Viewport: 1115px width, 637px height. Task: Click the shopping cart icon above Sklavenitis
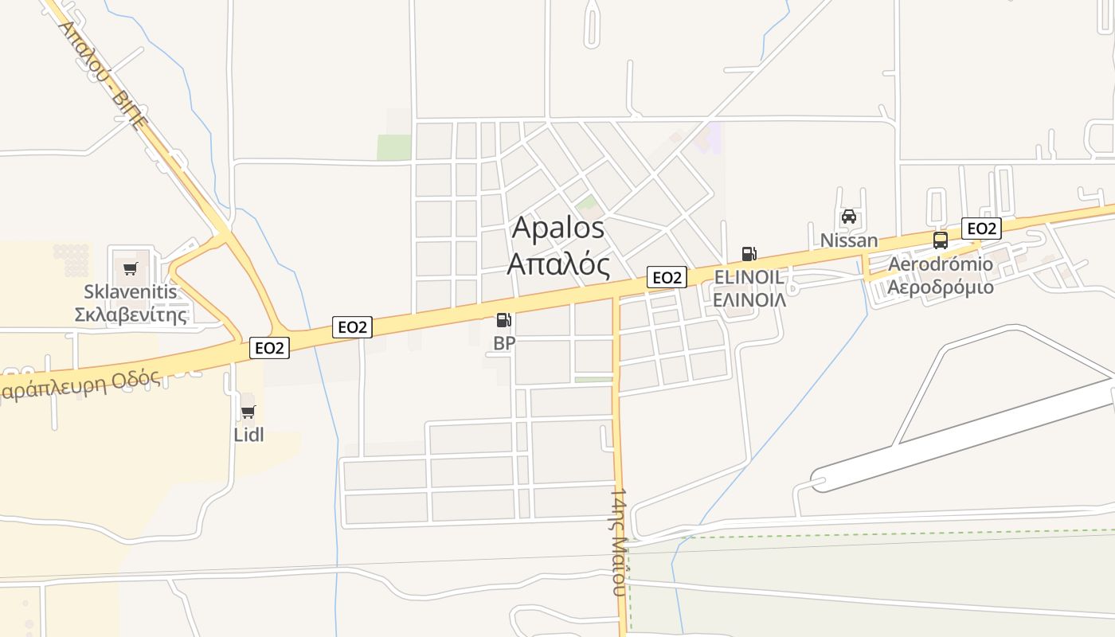click(131, 268)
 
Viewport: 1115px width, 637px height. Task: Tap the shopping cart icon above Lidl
click(248, 412)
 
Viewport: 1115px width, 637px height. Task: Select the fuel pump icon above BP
click(503, 320)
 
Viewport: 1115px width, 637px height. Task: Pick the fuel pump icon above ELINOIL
click(749, 254)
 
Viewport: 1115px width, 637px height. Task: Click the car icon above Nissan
click(849, 217)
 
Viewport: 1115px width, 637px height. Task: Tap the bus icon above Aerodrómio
click(941, 240)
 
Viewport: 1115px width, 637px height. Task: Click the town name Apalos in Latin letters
click(558, 228)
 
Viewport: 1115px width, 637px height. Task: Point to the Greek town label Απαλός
click(558, 264)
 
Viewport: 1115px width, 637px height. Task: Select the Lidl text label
click(248, 435)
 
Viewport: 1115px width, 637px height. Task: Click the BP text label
click(504, 343)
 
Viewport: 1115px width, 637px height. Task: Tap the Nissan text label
click(849, 240)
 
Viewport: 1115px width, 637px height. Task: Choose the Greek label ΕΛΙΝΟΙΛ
click(749, 300)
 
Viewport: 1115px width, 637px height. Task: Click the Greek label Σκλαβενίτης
click(131, 314)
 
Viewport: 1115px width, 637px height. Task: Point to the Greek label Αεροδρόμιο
click(941, 287)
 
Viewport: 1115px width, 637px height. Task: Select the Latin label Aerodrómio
click(941, 264)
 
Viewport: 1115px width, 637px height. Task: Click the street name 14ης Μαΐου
click(620, 541)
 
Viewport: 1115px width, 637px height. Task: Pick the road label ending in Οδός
click(80, 385)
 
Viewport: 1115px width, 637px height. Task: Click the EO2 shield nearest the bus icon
click(980, 229)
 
